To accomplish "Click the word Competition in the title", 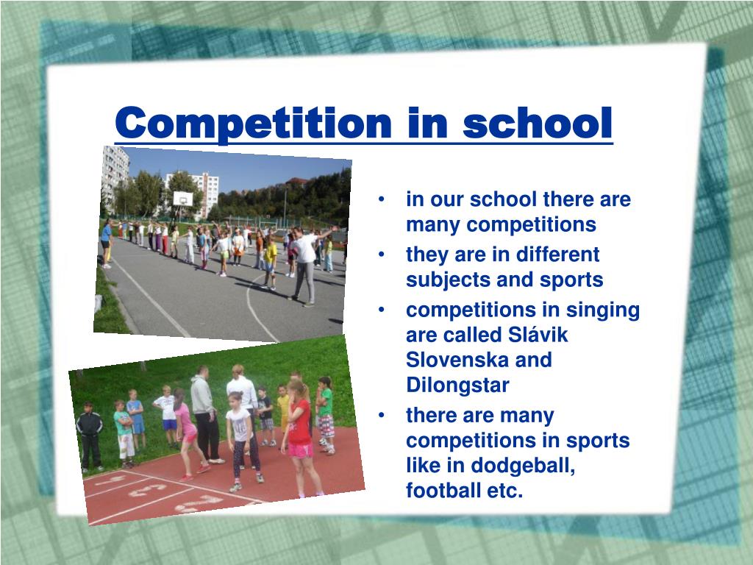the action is pyautogui.click(x=253, y=124).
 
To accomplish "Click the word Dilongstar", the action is pyautogui.click(x=457, y=385).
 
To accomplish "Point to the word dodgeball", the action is pyautogui.click(x=523, y=466).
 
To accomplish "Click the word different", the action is pyautogui.click(x=557, y=255).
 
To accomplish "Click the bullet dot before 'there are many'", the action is pyautogui.click(x=382, y=415).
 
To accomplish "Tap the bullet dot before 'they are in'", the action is pyautogui.click(x=382, y=254).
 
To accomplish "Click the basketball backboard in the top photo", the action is pyautogui.click(x=183, y=199).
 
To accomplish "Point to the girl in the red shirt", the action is pyautogui.click(x=299, y=437).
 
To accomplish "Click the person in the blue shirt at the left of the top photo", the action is pyautogui.click(x=106, y=244).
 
